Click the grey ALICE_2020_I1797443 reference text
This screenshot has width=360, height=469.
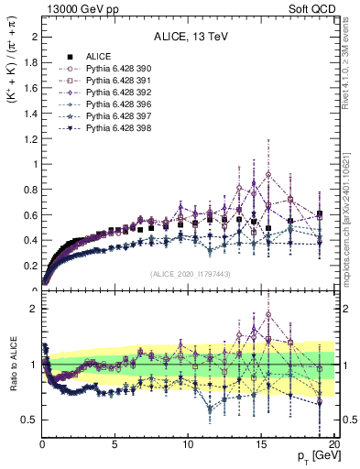187,275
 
